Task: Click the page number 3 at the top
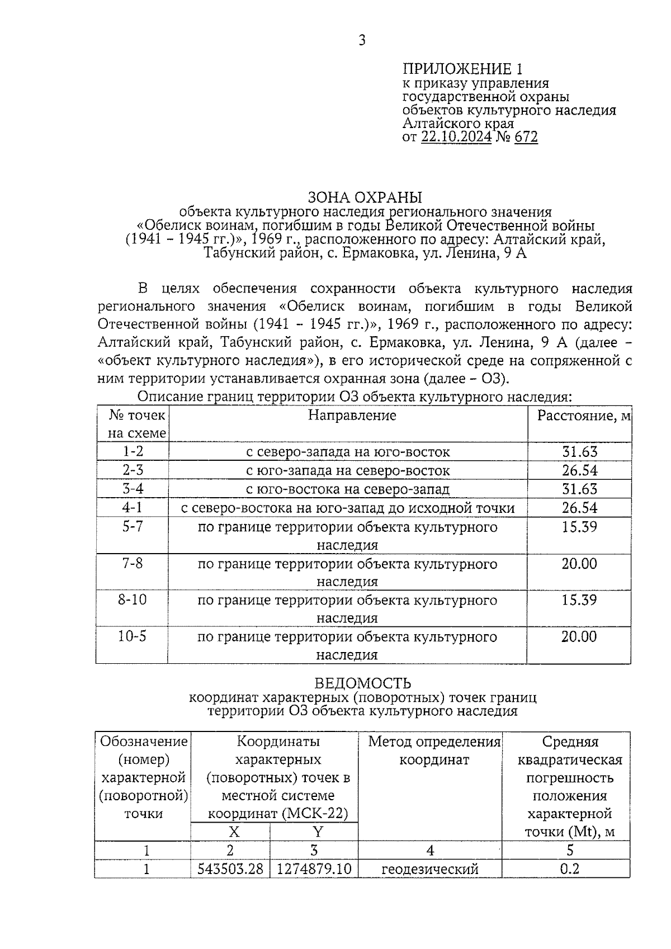[x=362, y=40]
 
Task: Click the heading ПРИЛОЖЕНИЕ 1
[x=463, y=69]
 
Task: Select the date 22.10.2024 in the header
[x=456, y=138]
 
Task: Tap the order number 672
[x=526, y=138]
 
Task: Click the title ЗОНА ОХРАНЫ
[x=365, y=197]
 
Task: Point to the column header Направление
[x=352, y=416]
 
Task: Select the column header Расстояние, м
[x=584, y=416]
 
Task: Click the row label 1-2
[x=133, y=451]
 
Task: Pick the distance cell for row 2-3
[x=580, y=470]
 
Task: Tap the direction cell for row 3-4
[x=348, y=489]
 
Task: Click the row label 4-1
[x=133, y=508]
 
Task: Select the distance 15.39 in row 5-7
[x=580, y=527]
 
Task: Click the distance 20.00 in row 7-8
[x=580, y=564]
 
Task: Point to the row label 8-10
[x=133, y=600]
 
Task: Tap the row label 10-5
[x=133, y=636]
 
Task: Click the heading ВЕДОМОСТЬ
[x=363, y=683]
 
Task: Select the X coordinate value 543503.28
[x=230, y=869]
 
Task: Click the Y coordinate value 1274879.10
[x=314, y=869]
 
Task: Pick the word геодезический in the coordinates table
[x=430, y=869]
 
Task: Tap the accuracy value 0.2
[x=570, y=869]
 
